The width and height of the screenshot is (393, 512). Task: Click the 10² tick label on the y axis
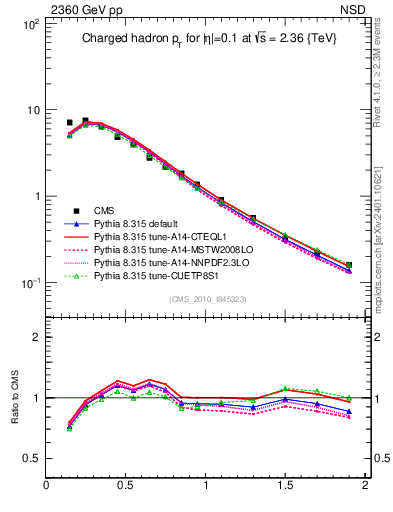(x=29, y=23)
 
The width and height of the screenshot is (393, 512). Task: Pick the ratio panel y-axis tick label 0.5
(x=31, y=458)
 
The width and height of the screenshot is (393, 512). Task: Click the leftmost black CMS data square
(x=69, y=123)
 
